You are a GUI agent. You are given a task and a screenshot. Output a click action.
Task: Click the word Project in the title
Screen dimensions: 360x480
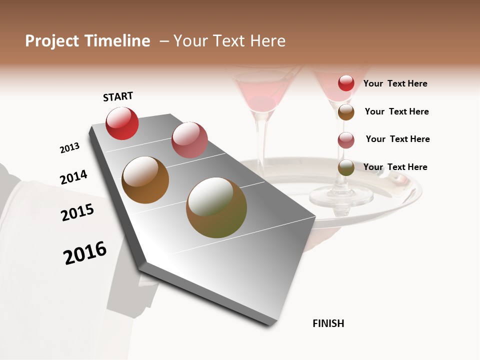(51, 41)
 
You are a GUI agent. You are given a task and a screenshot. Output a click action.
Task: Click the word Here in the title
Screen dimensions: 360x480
(267, 41)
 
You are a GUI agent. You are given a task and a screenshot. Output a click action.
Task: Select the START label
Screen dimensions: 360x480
(118, 96)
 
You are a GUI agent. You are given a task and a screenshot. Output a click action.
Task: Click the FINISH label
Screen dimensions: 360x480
(328, 323)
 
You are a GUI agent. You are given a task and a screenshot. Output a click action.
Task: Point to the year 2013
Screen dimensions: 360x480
(69, 148)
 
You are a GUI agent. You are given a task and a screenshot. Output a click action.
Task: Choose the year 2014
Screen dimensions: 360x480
(73, 177)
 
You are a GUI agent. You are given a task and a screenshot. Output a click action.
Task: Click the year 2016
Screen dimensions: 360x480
(85, 253)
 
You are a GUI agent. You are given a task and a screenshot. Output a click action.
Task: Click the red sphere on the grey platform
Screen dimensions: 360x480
(122, 123)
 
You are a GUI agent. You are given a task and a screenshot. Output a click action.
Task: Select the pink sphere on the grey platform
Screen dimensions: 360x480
(189, 139)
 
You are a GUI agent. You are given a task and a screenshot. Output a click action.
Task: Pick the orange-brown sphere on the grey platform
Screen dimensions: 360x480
(145, 180)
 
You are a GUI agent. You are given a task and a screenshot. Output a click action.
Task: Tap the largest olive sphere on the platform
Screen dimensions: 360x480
(216, 207)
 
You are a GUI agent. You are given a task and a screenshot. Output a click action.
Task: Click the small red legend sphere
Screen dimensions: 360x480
(346, 83)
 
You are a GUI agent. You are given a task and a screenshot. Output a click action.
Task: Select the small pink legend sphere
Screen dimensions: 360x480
(346, 140)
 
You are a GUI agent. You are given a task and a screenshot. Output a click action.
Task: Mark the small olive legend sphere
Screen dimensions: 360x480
(346, 168)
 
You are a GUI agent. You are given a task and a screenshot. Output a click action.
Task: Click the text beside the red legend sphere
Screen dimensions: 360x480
(395, 83)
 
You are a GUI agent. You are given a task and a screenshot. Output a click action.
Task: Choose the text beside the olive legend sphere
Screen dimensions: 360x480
(395, 167)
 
